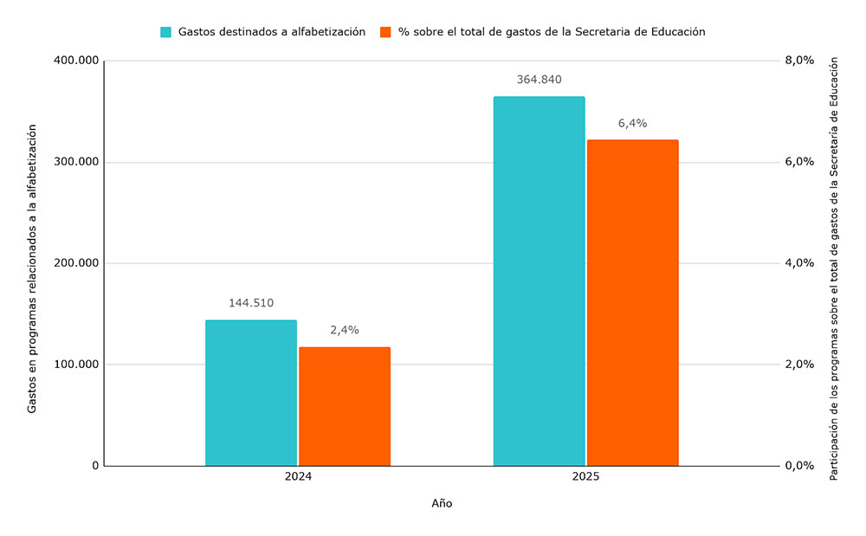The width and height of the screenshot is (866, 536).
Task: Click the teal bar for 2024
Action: pos(251,393)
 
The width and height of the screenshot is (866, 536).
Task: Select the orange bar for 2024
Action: pos(345,406)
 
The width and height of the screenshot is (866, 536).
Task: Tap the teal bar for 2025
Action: pos(539,281)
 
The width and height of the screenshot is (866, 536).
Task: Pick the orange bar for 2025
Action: pos(632,303)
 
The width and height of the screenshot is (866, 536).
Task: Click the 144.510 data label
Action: pos(251,303)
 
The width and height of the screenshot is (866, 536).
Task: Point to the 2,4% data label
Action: pos(345,330)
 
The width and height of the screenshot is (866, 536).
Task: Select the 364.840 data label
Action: pos(539,80)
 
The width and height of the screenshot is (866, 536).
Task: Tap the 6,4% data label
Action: pos(632,124)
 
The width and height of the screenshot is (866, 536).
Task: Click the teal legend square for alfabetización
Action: pos(166,32)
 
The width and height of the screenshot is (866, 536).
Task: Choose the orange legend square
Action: pos(386,32)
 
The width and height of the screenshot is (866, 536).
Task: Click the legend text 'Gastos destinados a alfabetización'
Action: pos(272,32)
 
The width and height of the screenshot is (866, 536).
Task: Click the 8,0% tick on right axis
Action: pos(799,61)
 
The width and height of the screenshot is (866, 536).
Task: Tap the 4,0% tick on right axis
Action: pos(799,263)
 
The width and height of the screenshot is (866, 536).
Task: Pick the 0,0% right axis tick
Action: pos(799,466)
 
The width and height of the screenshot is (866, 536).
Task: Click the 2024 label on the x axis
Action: pos(298,478)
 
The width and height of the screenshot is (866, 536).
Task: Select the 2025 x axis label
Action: pos(585,478)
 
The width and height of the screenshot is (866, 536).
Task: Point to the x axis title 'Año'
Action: pos(442,504)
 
